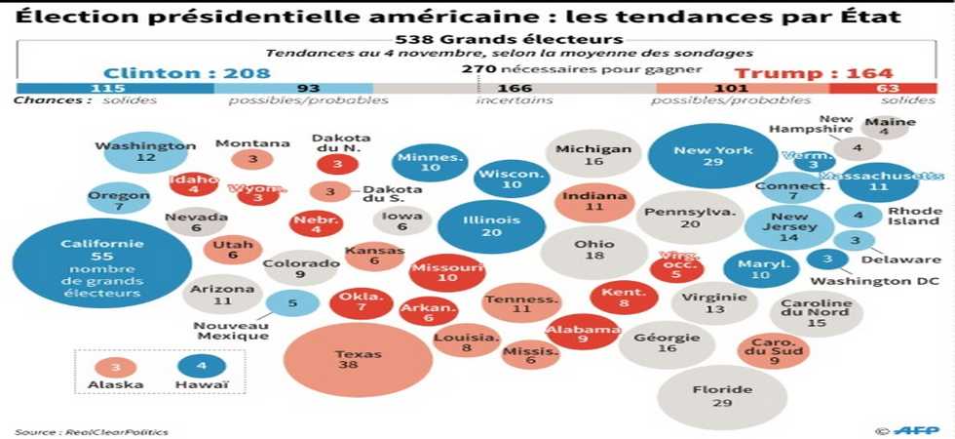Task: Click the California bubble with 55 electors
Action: point(101,263)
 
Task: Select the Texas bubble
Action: point(345,360)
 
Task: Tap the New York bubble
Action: point(713,155)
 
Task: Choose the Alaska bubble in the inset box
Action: point(115,367)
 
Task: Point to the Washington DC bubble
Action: point(826,259)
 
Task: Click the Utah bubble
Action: point(232,250)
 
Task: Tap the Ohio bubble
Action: point(593,251)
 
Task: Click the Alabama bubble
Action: point(582,334)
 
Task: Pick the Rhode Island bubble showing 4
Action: point(859,216)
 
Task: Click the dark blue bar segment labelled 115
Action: point(115,89)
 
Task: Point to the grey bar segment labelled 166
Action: point(515,89)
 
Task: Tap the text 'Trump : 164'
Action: point(813,73)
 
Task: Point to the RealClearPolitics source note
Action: point(92,431)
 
